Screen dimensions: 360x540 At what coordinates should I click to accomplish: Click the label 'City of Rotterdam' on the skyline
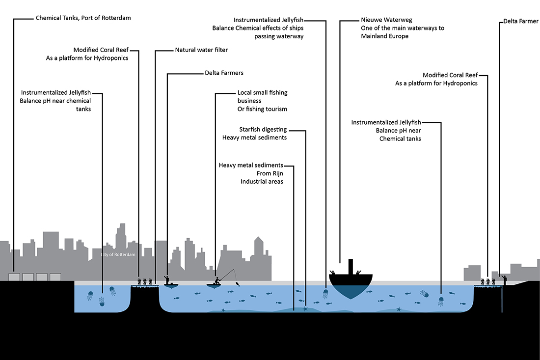[118, 254]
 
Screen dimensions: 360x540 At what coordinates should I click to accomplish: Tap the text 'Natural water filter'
[201, 50]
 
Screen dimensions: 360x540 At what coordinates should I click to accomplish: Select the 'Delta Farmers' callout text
[224, 73]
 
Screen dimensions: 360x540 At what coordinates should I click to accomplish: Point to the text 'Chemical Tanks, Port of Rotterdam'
[83, 18]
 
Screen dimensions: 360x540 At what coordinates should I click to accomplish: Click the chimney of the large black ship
[351, 266]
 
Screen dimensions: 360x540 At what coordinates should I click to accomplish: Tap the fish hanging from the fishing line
[238, 283]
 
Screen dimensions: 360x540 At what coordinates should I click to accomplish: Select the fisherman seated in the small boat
[216, 281]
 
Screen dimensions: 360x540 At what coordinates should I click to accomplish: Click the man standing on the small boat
[167, 280]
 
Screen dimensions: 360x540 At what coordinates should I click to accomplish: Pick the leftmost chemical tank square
[15, 277]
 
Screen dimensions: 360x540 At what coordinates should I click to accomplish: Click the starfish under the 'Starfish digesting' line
[305, 309]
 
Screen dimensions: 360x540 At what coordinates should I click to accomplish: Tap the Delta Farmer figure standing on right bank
[504, 279]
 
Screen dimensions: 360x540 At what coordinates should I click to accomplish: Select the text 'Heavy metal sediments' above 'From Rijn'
[251, 166]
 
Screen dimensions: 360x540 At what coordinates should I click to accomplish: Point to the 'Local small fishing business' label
[262, 96]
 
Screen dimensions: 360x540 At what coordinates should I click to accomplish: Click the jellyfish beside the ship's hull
[325, 294]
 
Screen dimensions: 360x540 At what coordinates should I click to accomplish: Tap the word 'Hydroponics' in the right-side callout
[460, 83]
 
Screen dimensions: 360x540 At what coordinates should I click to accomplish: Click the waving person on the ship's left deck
[333, 272]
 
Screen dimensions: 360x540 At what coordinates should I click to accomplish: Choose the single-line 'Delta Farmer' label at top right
[521, 22]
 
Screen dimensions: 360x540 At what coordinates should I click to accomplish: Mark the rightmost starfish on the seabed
[399, 309]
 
